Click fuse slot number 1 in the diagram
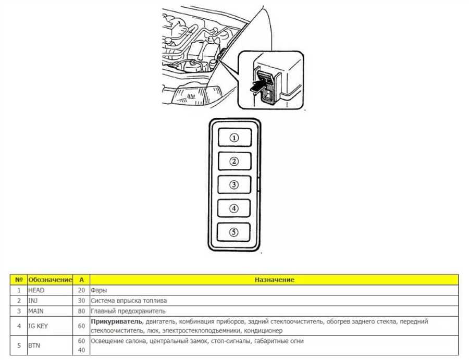pos(234,138)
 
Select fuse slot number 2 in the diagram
pos(234,161)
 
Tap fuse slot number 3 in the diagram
pos(234,184)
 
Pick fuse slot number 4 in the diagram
pos(234,208)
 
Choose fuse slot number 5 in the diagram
pos(234,231)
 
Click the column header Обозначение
pos(50,280)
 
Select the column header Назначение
pos(274,280)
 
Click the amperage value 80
pos(81,311)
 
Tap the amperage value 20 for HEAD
pos(81,290)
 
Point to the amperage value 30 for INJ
pos(81,301)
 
